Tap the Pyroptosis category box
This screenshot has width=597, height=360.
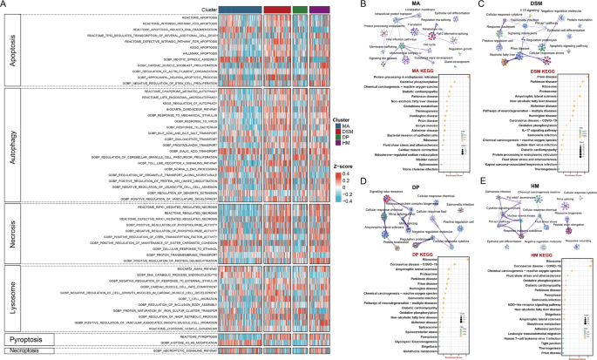(27, 335)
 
